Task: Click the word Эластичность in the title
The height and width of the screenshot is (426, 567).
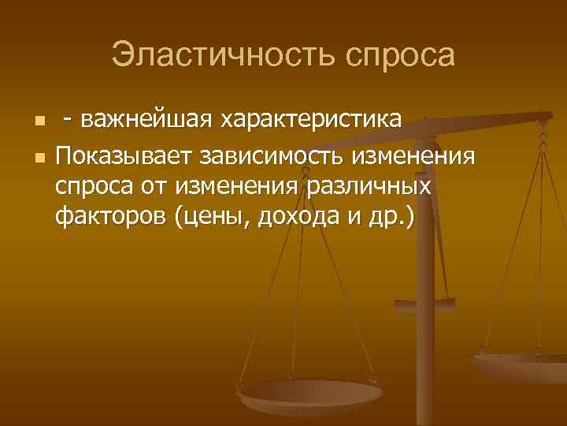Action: (215, 55)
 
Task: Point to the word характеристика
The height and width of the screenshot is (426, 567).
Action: (313, 120)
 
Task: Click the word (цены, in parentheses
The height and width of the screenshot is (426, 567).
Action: (210, 217)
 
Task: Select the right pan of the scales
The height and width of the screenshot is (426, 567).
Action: (523, 365)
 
